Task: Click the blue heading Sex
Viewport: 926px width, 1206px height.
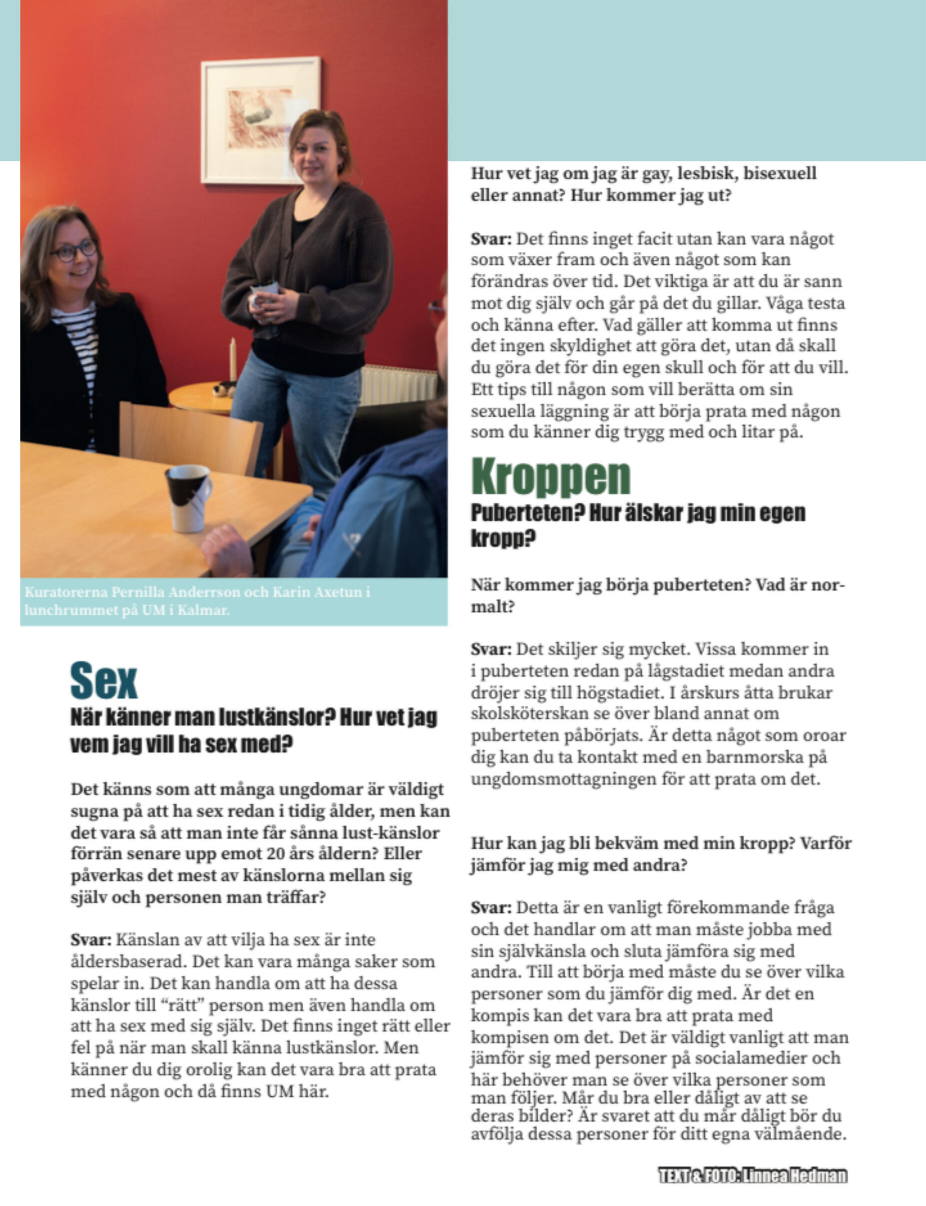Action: click(103, 681)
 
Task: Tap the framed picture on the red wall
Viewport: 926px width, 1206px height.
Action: click(260, 119)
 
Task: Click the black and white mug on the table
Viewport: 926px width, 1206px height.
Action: click(188, 498)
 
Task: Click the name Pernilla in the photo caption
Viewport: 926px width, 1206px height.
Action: click(138, 592)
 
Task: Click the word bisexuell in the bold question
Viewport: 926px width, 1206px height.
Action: click(780, 173)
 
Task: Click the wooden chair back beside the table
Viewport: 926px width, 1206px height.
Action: click(190, 435)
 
